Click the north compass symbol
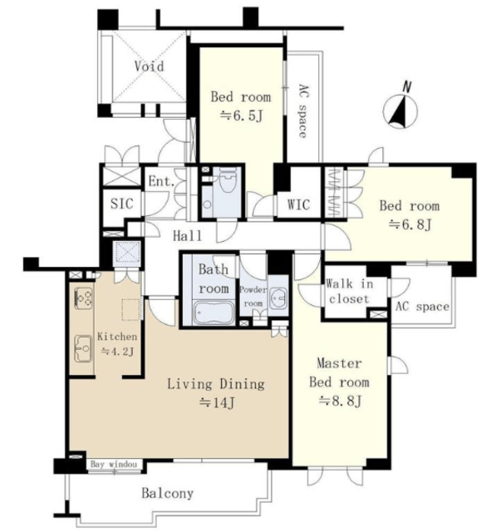point(400,111)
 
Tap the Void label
point(149,66)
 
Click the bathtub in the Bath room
point(214,313)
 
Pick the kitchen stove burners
point(83,298)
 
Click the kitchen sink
point(83,348)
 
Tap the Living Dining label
point(216,384)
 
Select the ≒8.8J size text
point(340,401)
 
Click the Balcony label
point(168,493)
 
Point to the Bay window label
point(114,464)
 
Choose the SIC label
point(122,203)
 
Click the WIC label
point(298,204)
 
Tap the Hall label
point(187,235)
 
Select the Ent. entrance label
point(161,181)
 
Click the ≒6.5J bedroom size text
point(242,116)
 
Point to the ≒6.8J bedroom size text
point(410,224)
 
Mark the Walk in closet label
point(349,291)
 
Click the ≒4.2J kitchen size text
point(118,352)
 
